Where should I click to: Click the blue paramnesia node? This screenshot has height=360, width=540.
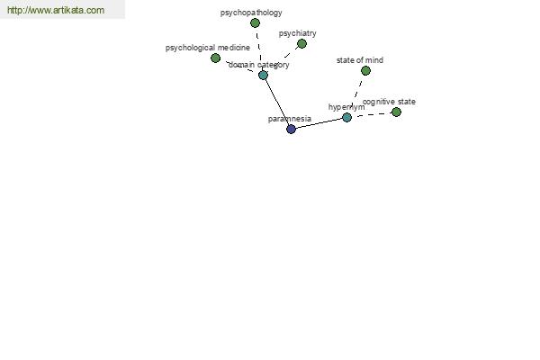tap(291, 129)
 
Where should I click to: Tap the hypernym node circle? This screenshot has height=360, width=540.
tap(346, 117)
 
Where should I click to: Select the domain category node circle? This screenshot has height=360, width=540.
tap(263, 75)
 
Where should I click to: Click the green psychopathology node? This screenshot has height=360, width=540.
tap(255, 22)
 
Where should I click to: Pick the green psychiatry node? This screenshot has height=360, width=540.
tap(301, 43)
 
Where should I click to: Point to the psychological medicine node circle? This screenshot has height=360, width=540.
tap(215, 58)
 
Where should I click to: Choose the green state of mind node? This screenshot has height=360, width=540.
tap(365, 70)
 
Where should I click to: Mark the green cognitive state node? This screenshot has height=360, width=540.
tap(396, 112)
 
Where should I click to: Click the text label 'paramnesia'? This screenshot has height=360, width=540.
tap(290, 118)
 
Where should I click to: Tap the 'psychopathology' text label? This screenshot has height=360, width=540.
tap(251, 13)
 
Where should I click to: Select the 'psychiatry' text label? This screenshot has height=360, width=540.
tap(297, 33)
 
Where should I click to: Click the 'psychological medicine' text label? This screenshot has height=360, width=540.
tap(208, 47)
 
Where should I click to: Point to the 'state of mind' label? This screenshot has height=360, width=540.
tap(360, 60)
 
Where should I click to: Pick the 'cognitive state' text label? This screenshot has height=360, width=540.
tap(390, 102)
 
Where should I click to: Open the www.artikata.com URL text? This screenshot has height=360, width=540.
tap(56, 10)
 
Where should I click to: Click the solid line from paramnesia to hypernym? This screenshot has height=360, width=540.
tap(319, 123)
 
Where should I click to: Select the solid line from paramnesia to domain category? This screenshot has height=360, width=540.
tap(277, 102)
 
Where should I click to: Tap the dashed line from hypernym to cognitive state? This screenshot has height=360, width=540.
tap(372, 114)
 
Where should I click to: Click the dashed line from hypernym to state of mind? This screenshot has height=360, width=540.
tap(356, 93)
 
